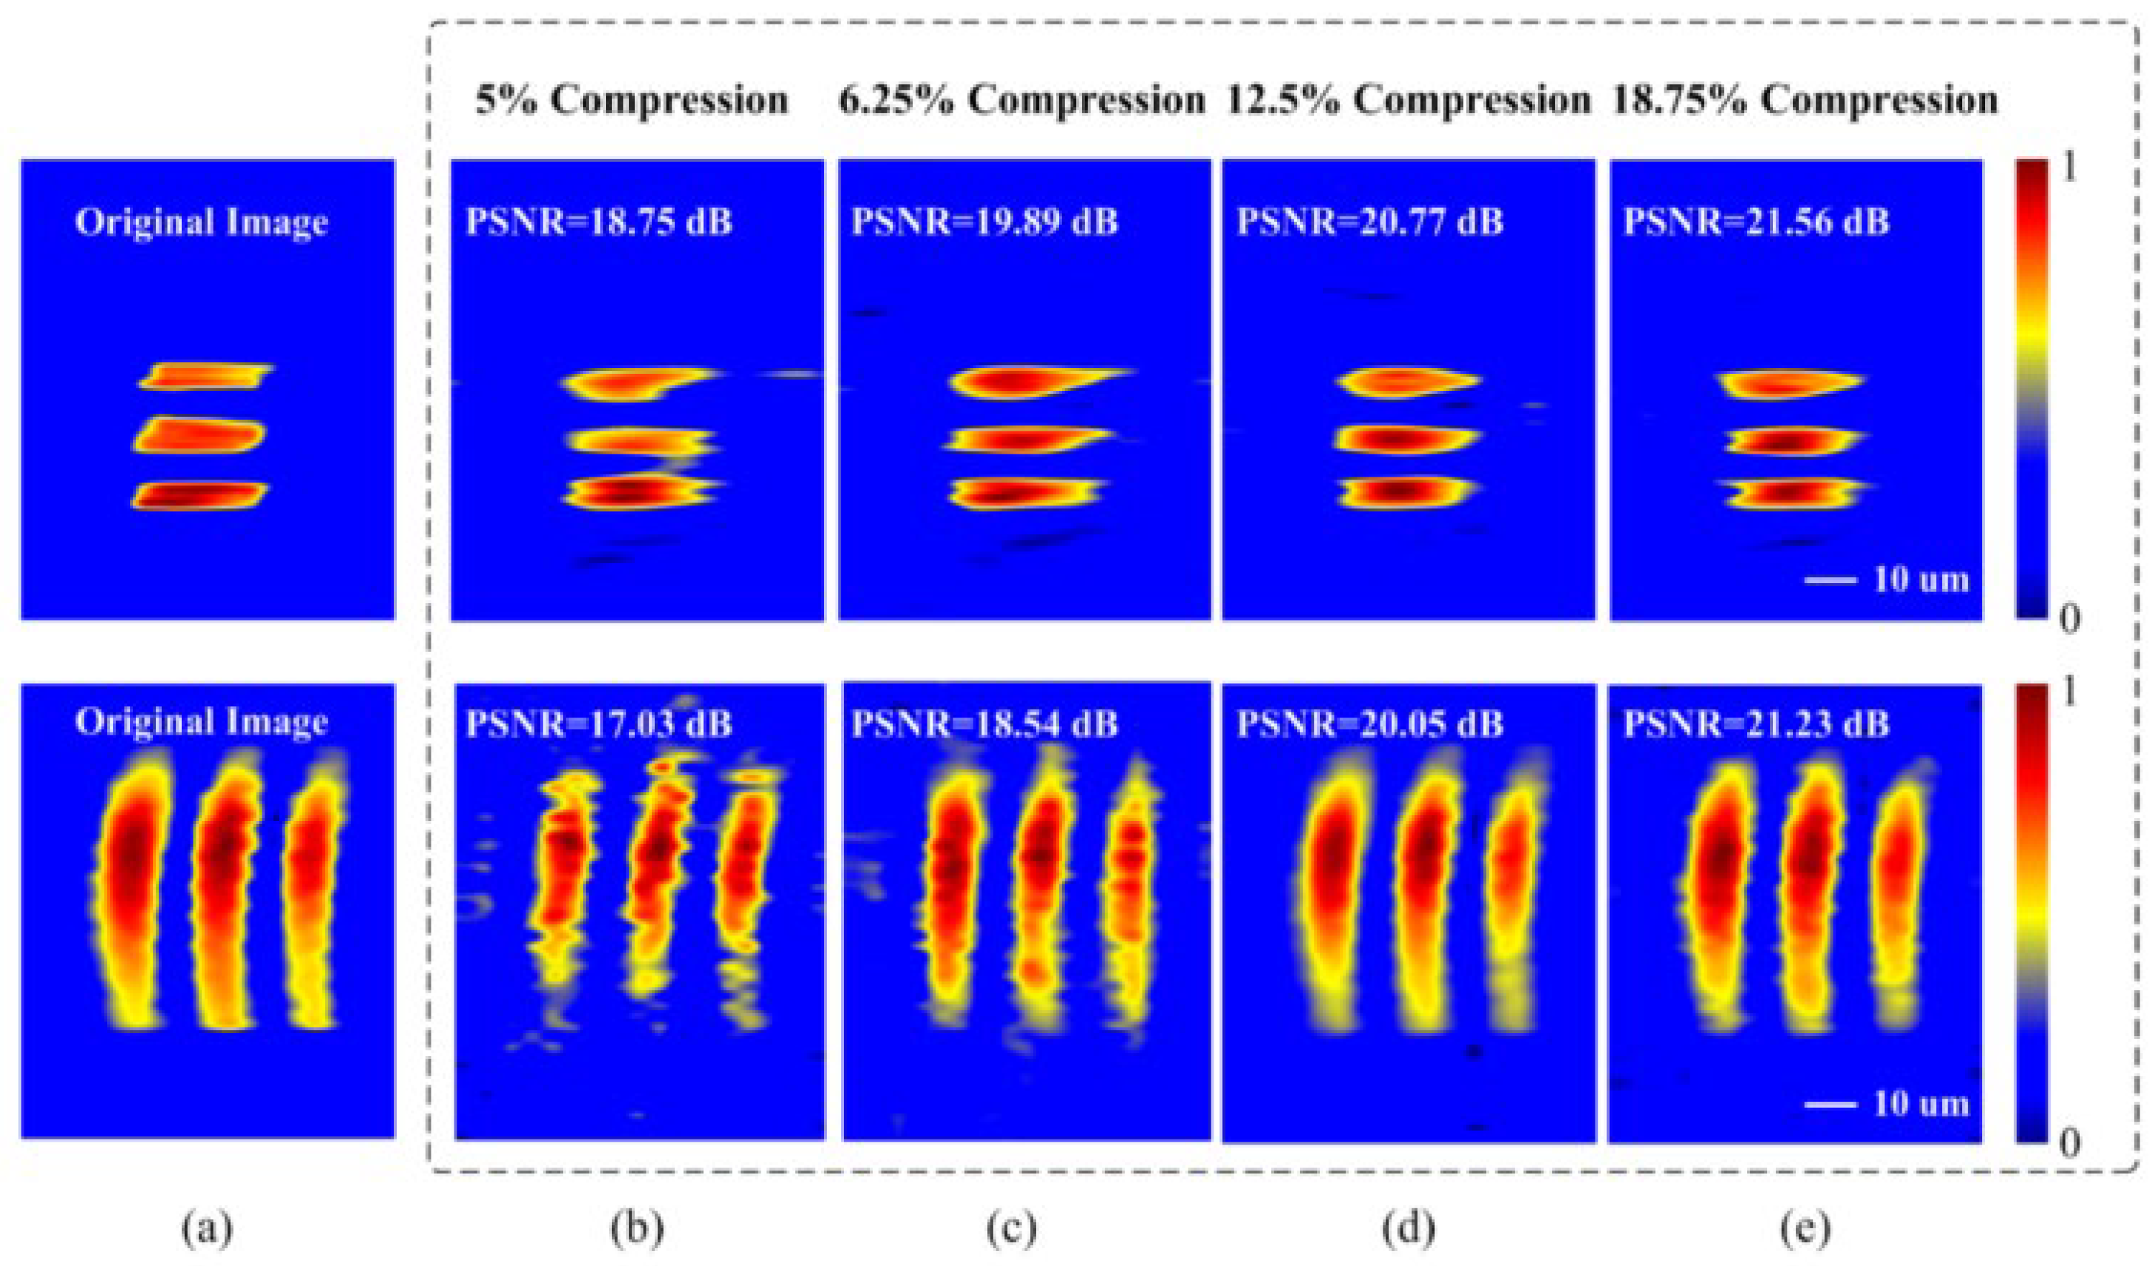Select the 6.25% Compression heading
(1021, 101)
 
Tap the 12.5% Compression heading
(1408, 101)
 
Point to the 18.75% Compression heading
(1805, 101)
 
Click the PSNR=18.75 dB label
(598, 222)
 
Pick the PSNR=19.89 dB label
(985, 222)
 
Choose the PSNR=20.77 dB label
(1370, 222)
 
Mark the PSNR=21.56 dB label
(1756, 222)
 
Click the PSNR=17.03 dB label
(598, 724)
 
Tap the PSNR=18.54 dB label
(985, 724)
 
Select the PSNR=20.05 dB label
(1370, 724)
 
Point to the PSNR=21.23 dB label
(1756, 724)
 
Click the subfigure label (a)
(208, 1230)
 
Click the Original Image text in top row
(202, 222)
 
